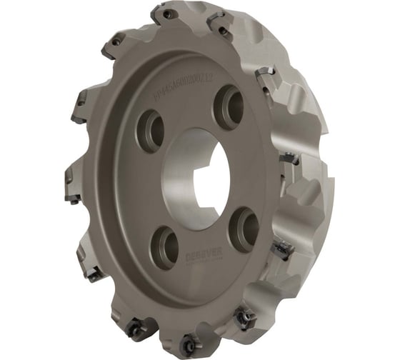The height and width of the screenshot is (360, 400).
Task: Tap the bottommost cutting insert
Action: click(190, 340)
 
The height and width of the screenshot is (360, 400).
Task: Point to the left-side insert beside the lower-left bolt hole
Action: click(93, 271)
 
